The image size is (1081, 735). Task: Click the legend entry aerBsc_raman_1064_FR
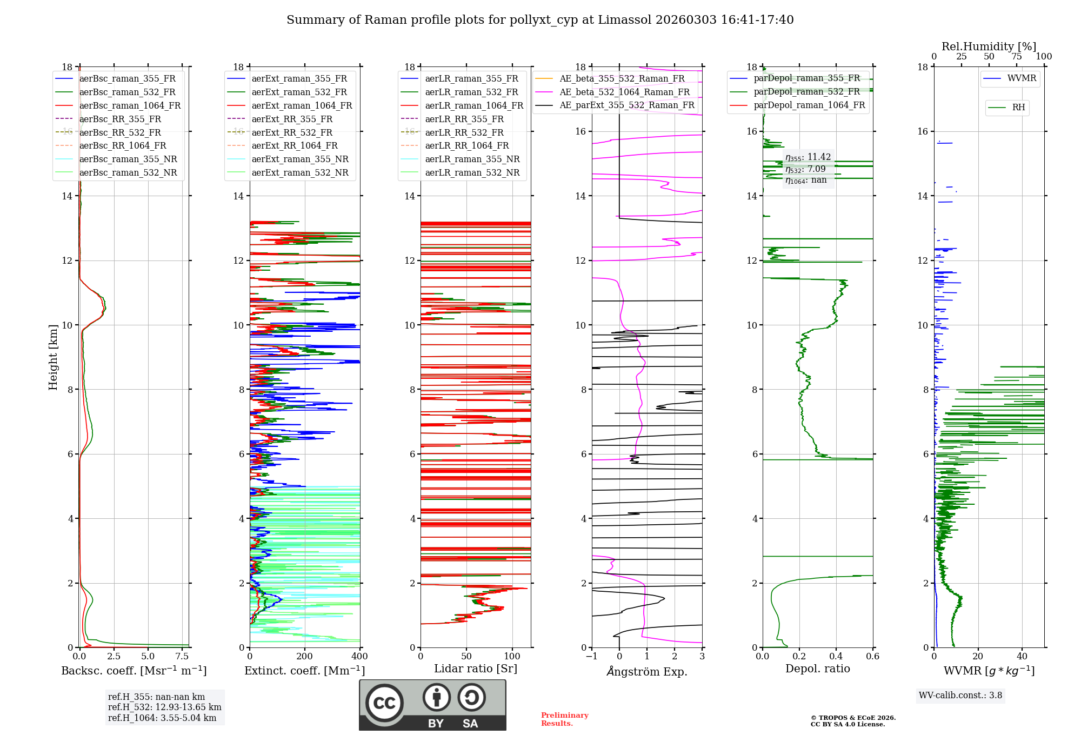click(118, 105)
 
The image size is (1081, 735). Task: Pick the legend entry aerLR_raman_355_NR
click(460, 159)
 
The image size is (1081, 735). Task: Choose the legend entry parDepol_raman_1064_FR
click(797, 105)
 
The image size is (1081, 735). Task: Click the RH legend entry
click(1006, 108)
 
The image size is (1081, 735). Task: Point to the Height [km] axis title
click(53, 357)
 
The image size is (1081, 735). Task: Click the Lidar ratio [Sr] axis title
click(476, 669)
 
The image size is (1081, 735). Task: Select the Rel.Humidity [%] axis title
click(989, 46)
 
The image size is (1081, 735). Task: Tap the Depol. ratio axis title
click(818, 669)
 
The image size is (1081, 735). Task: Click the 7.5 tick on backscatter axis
click(182, 656)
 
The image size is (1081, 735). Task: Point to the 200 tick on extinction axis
click(305, 656)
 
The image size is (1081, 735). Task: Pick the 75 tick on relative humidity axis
click(1017, 56)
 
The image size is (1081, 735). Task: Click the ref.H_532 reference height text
click(165, 707)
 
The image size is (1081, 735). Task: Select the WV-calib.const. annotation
click(960, 695)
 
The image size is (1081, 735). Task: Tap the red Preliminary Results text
click(565, 719)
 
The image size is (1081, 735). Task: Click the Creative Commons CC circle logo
click(384, 703)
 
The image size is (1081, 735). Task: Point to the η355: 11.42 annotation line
click(808, 157)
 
